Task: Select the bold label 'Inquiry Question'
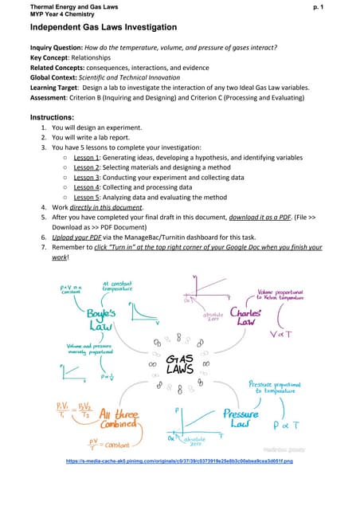(57, 48)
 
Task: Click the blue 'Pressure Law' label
(241, 419)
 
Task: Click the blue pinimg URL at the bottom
(180, 461)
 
